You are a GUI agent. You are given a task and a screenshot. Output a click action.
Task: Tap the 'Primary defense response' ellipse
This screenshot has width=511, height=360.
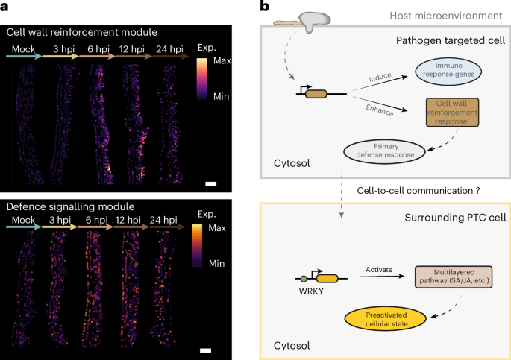[x=383, y=149]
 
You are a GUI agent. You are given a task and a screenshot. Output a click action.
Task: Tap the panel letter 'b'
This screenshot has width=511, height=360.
[x=263, y=7]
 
